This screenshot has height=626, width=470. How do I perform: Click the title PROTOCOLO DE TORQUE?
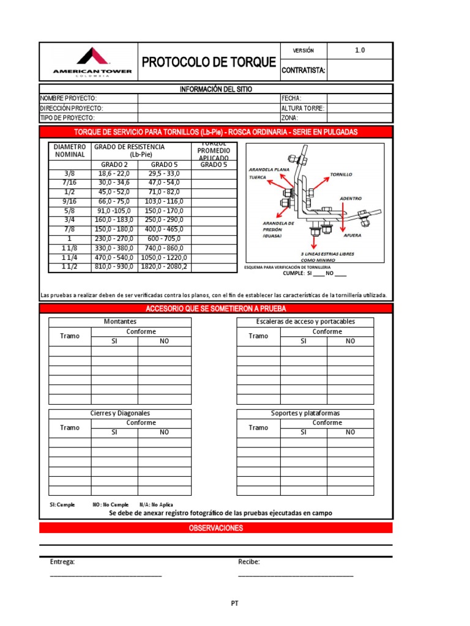click(209, 62)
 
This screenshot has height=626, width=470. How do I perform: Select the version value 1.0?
click(360, 51)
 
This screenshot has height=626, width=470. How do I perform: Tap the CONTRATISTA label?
click(303, 71)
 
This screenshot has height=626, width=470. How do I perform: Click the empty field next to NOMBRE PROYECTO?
click(208, 98)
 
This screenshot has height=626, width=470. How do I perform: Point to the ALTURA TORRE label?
click(303, 108)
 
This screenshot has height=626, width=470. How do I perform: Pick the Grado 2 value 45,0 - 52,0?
click(114, 192)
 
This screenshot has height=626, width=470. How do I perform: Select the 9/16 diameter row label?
click(69, 202)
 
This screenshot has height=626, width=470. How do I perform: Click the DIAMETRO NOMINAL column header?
click(70, 150)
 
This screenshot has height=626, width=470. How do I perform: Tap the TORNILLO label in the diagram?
click(341, 174)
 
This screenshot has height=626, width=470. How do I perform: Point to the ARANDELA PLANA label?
click(267, 169)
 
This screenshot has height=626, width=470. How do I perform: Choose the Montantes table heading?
click(121, 322)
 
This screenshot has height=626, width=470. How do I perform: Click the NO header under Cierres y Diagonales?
click(164, 432)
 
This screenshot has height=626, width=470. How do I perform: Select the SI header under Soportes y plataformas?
click(303, 432)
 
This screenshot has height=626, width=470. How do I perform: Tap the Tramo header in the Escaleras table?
click(258, 336)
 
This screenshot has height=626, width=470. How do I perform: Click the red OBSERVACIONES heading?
click(215, 528)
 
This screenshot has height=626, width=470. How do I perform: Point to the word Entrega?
click(62, 562)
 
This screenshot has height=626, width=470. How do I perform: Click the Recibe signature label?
click(249, 562)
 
